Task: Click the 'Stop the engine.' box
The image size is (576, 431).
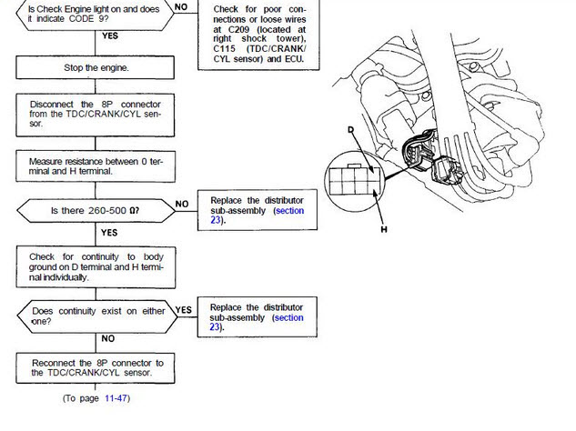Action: point(96,68)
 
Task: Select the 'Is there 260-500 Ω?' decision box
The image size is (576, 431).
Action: point(96,209)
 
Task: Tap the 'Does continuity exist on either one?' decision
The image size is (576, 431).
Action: point(96,315)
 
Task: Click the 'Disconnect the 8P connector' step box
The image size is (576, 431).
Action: point(96,114)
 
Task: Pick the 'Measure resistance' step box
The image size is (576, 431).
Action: point(96,165)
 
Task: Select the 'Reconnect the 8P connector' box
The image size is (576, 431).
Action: point(96,367)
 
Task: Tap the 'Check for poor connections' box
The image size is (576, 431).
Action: point(258,34)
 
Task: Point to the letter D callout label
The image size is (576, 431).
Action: point(351,130)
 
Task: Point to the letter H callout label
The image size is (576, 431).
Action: point(384,230)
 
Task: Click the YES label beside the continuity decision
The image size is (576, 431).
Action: point(183,309)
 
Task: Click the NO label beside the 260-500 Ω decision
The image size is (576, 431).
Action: point(182,204)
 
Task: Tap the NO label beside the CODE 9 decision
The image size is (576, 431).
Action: point(182,5)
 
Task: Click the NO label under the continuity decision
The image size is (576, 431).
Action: point(108,338)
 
